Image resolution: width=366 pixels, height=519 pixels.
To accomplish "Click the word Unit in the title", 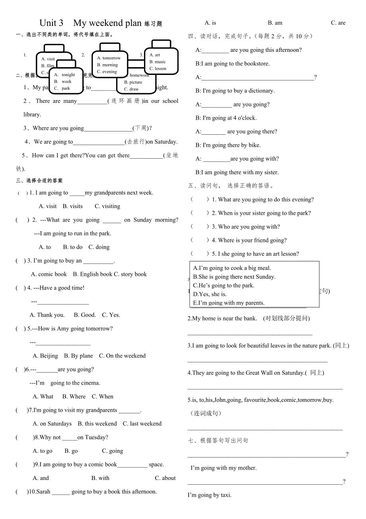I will click(x=51, y=23).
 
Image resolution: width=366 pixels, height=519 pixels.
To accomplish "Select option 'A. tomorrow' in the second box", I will click(x=109, y=58).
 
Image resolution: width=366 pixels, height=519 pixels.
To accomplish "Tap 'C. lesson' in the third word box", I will click(x=158, y=69).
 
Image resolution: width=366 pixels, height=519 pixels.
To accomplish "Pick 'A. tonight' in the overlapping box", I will click(x=65, y=75).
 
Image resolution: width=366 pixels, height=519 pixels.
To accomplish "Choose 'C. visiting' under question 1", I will click(x=107, y=206).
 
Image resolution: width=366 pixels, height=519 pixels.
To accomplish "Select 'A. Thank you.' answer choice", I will click(x=47, y=315).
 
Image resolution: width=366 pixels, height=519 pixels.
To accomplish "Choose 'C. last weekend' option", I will click(x=142, y=424).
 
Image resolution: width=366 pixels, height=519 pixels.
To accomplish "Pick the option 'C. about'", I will click(x=165, y=478).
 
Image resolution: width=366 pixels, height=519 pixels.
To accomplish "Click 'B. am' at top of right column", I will click(x=275, y=23).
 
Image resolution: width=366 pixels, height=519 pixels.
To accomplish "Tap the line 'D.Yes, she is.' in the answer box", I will click(x=210, y=294).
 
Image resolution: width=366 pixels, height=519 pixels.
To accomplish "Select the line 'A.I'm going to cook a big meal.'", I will click(x=232, y=268).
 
